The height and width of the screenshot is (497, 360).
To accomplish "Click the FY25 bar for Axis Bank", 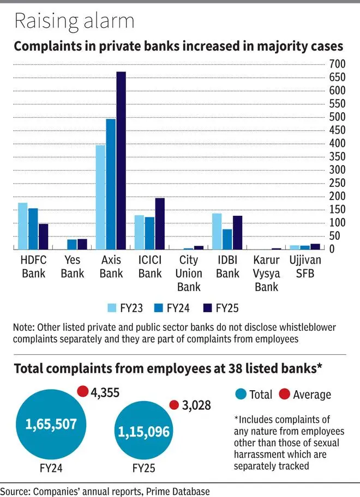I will (x=121, y=161).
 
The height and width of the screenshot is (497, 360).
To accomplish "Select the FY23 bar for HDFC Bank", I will (x=22, y=226).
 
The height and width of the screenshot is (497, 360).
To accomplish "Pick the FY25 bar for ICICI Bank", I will (x=159, y=223).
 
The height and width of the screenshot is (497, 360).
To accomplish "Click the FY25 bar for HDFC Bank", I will (x=43, y=237).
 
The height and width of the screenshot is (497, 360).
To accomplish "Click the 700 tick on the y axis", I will (x=337, y=64).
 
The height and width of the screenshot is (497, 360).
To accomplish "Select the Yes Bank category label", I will (x=73, y=266).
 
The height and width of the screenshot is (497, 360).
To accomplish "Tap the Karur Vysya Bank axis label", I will (x=267, y=273).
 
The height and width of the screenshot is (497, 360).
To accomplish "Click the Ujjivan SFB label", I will (x=305, y=266).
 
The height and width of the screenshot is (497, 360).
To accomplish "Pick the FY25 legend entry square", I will (x=207, y=308).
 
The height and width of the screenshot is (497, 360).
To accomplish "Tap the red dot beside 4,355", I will (x=82, y=391).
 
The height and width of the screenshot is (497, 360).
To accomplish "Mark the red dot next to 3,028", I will (x=174, y=404).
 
